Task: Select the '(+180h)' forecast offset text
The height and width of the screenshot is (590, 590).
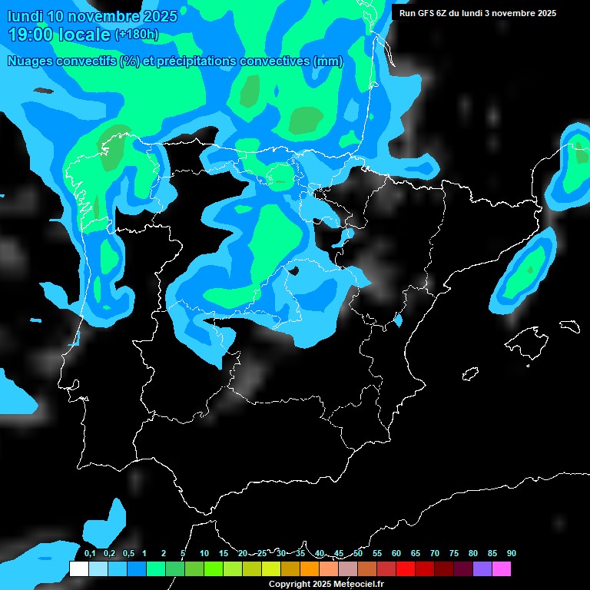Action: [136, 35]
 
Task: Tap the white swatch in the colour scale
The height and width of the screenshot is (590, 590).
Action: [78, 569]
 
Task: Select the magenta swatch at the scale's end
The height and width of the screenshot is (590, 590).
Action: [501, 569]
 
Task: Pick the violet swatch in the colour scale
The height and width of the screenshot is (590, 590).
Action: [482, 569]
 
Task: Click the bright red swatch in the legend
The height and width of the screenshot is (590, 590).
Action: [405, 569]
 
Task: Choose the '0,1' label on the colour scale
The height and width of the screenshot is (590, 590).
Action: [90, 554]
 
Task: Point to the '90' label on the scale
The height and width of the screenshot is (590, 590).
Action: [512, 554]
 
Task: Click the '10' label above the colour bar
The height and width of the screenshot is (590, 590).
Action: [204, 554]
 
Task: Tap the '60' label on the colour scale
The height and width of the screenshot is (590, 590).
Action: [396, 554]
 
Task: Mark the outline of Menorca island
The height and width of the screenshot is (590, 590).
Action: [568, 326]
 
